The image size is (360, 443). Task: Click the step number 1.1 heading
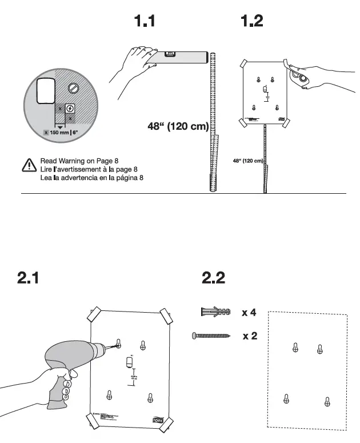point(144,22)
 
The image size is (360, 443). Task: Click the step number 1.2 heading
point(251,22)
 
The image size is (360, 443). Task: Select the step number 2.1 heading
point(29,278)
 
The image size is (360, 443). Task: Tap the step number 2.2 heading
point(213,278)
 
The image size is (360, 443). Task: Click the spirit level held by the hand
point(178,56)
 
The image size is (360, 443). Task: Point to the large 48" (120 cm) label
point(178,126)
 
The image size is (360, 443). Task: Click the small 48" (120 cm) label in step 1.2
point(247,161)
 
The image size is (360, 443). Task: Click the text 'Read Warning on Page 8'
point(79,161)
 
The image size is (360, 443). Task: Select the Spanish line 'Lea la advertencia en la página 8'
point(91,178)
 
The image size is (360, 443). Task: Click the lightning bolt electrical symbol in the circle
point(70,108)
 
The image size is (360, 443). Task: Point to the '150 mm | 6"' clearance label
point(63,132)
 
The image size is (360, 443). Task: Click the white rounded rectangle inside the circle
point(45,90)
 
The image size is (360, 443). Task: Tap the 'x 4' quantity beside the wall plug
point(249,313)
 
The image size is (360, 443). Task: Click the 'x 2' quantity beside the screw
point(249,336)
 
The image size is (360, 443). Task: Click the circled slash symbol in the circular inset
point(73,87)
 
